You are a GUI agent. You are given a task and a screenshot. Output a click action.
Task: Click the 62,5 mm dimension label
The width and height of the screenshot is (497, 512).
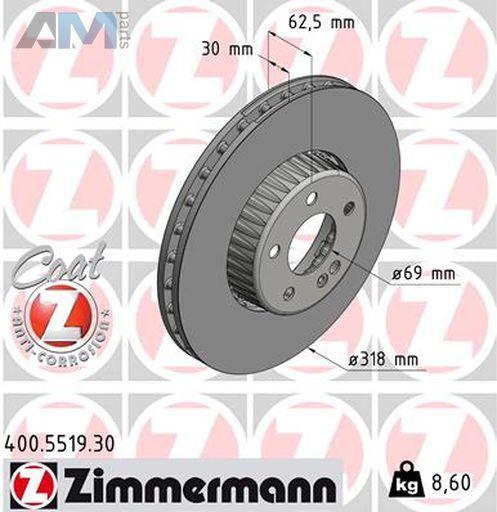point(321,23)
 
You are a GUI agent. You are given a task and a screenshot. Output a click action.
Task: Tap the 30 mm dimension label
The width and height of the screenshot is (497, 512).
point(227,49)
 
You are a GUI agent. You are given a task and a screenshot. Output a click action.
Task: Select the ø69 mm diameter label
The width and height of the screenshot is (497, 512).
point(423,274)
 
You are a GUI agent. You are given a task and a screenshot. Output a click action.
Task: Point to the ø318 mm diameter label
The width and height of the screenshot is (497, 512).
point(383,360)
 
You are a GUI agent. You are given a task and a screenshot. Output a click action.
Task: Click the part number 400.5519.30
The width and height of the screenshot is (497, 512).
point(60,444)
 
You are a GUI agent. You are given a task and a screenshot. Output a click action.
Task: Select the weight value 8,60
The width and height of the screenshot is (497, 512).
point(451,482)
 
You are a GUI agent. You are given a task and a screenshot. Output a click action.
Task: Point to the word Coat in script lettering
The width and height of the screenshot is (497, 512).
point(57,263)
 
